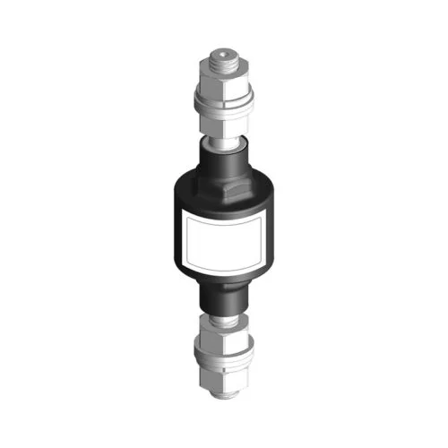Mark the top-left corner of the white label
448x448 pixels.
point(185,216)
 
